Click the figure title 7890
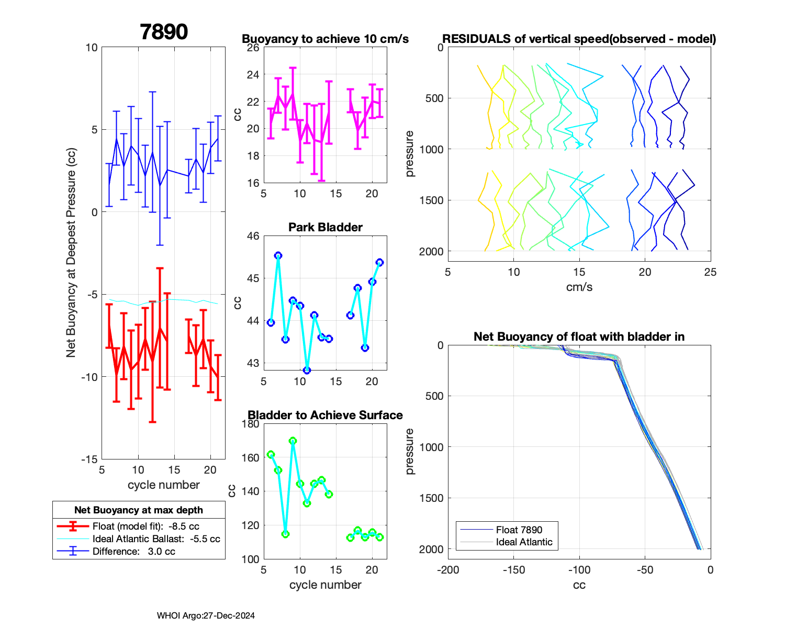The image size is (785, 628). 164,32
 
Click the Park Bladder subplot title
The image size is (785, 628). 326,227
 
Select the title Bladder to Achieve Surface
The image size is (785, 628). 326,415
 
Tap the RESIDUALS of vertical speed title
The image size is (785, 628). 579,39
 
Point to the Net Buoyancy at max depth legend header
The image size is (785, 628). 139,510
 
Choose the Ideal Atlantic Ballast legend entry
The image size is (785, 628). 156,539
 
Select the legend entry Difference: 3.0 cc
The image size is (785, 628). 133,551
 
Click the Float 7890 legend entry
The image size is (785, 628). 519,530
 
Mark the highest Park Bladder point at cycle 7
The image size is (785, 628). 278,255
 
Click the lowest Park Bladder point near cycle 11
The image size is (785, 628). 307,370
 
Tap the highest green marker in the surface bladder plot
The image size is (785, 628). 293,441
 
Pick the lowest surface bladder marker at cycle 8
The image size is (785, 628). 285,534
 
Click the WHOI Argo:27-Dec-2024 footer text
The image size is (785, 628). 206,615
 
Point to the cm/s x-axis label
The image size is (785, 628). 579,287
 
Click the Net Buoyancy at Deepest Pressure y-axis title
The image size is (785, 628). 71,253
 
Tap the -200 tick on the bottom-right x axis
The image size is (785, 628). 448,570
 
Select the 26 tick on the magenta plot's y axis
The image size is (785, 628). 253,48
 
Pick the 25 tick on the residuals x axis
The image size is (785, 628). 710,272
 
